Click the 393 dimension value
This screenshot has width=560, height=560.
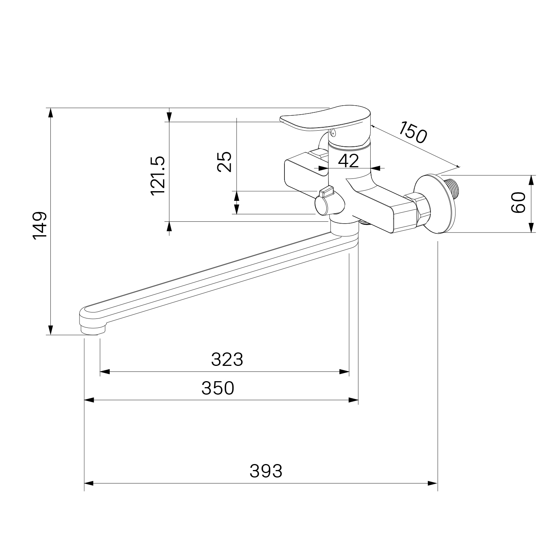tap(266, 471)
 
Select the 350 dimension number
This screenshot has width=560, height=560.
tap(218, 388)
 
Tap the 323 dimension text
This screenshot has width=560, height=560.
tap(227, 360)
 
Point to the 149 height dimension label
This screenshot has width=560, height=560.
tap(40, 226)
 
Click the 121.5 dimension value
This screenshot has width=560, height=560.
tap(158, 175)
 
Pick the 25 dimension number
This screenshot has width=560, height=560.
tap(224, 162)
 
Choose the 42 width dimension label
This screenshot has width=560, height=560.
tap(348, 161)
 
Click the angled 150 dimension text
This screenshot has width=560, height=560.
tap(412, 132)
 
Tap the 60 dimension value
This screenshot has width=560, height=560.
tap(518, 203)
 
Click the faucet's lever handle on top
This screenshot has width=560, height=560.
tap(326, 119)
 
